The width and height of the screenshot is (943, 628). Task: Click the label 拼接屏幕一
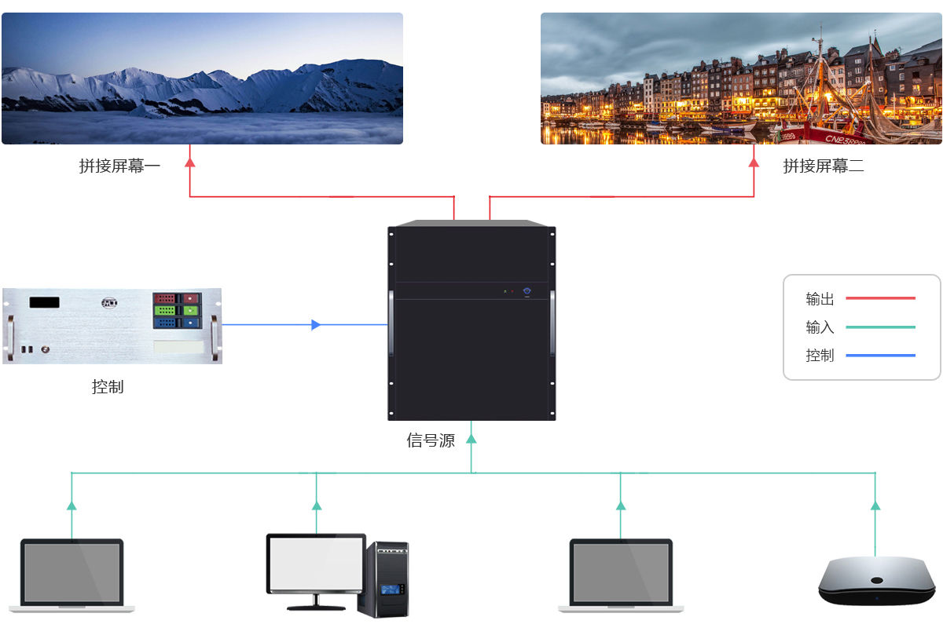click(x=119, y=166)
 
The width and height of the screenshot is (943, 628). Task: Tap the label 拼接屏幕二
click(x=824, y=166)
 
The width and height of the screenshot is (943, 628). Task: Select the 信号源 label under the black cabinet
click(x=431, y=440)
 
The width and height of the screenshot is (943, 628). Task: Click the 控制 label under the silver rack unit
click(x=108, y=387)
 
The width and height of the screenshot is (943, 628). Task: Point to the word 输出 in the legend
click(x=820, y=299)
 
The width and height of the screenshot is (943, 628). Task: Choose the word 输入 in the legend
click(x=820, y=327)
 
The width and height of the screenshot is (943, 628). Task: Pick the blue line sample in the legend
click(x=880, y=356)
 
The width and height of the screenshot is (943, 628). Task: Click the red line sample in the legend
click(x=880, y=298)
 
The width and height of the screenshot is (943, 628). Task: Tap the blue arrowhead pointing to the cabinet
click(x=316, y=324)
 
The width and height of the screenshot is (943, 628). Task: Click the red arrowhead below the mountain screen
click(x=189, y=162)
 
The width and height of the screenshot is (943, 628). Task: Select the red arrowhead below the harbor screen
click(x=754, y=162)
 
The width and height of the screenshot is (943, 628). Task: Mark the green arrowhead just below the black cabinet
click(x=472, y=439)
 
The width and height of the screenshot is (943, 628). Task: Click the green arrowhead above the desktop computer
click(x=317, y=506)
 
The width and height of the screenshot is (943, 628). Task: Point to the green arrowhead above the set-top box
click(x=875, y=506)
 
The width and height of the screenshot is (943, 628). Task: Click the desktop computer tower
click(x=383, y=579)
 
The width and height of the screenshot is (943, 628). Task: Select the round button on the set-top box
click(x=877, y=581)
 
